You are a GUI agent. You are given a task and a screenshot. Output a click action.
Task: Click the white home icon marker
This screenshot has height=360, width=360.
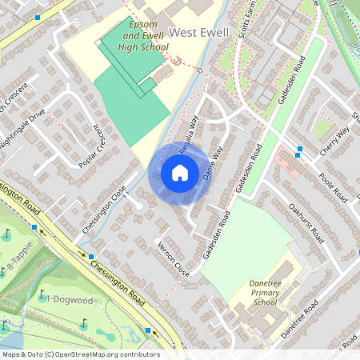(180, 172)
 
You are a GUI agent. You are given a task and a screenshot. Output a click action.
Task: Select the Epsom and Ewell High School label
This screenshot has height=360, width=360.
(144, 37)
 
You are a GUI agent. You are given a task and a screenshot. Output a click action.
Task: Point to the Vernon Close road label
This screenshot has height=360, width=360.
(174, 259)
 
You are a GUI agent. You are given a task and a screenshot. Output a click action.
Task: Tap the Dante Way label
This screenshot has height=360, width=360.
(212, 164)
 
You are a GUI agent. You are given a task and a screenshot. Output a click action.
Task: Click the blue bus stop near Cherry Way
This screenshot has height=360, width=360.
(298, 150)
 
